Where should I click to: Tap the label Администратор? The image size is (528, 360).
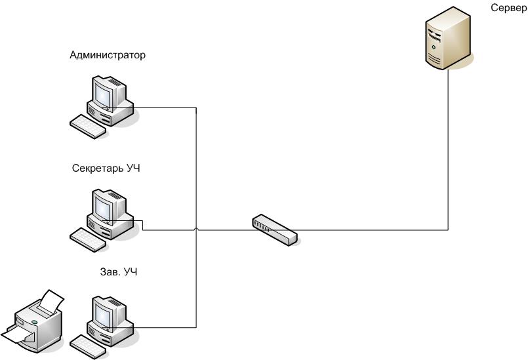[108, 56]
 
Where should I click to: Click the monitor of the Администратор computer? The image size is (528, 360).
[106, 92]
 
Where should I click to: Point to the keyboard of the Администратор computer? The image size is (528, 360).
[87, 125]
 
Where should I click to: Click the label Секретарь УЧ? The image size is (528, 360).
[106, 169]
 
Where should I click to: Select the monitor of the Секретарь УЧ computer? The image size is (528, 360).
[106, 205]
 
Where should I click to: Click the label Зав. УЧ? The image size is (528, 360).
[113, 271]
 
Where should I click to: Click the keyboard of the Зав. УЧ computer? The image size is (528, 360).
[87, 346]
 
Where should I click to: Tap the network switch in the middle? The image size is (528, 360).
[275, 229]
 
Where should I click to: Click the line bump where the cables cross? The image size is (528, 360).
[197, 229]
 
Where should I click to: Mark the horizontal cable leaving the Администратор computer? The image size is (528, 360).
[164, 108]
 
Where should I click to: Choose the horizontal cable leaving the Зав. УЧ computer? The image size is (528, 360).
[164, 327]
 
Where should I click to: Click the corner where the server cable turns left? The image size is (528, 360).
[449, 230]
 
